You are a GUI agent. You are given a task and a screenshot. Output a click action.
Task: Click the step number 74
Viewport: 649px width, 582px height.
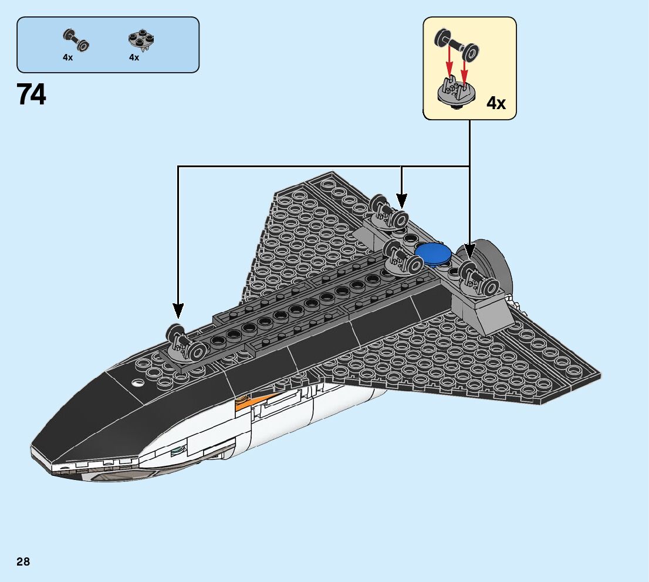[x=32, y=94]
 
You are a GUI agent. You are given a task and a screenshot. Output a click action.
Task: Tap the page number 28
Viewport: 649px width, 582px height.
[x=23, y=562]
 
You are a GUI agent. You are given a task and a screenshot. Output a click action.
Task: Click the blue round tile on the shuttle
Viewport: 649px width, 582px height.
[x=433, y=252]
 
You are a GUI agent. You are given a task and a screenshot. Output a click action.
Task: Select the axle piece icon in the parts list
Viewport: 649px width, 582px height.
[x=76, y=40]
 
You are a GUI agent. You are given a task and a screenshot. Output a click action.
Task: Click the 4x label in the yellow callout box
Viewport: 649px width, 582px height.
[x=496, y=104]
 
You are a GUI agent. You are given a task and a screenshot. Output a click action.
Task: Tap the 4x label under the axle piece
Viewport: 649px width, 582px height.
[x=68, y=58]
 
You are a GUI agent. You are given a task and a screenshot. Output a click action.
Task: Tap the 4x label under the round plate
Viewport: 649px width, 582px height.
[x=134, y=58]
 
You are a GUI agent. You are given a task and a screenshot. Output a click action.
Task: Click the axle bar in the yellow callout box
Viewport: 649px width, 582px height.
[x=455, y=45]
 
